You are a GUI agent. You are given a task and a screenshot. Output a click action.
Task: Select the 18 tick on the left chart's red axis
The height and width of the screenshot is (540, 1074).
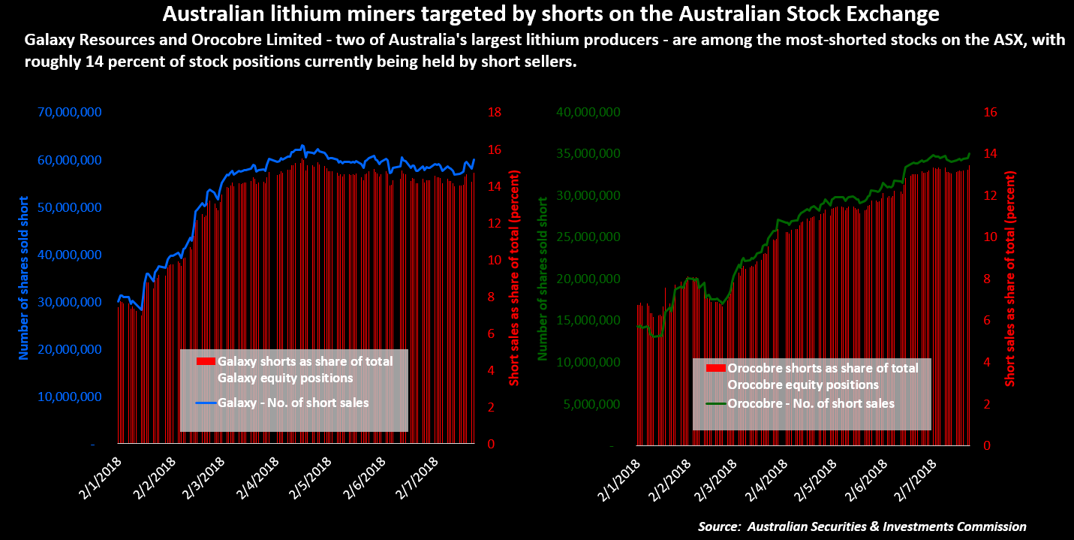[x=495, y=113]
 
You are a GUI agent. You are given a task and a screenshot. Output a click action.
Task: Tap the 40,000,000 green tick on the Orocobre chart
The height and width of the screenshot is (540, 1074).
[x=588, y=113]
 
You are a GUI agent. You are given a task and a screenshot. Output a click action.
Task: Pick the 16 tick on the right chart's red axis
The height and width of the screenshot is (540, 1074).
[x=989, y=113]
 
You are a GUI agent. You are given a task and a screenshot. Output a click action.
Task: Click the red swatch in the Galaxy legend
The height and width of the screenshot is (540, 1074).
[x=206, y=361]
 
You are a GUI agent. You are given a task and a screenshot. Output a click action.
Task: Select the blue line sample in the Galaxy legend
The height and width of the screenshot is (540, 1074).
[x=206, y=403]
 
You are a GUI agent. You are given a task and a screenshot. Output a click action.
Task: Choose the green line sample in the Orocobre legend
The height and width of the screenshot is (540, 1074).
[x=716, y=403]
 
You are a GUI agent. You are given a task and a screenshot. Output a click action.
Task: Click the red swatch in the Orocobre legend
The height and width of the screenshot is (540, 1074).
[x=716, y=368]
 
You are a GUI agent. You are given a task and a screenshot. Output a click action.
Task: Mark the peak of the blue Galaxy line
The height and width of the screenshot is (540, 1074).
[x=302, y=146]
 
